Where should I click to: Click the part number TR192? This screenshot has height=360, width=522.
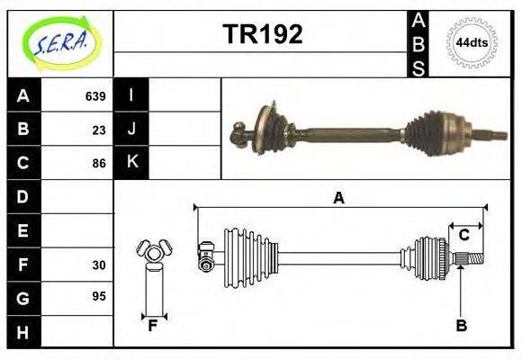[262, 34]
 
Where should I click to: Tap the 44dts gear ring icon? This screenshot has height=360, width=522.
[471, 42]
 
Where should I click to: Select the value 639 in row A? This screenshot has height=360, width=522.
[95, 95]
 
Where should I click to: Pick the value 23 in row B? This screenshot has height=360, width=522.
[99, 129]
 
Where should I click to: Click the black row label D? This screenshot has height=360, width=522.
[23, 195]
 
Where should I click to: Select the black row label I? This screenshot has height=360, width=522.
[132, 95]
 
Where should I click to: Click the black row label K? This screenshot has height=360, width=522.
[132, 162]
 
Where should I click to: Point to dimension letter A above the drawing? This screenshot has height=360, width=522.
[338, 198]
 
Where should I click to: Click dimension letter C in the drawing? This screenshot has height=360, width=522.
[463, 236]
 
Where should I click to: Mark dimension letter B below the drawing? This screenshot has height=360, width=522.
[461, 326]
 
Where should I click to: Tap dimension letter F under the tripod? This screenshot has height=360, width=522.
[154, 326]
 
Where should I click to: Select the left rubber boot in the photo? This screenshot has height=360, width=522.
[272, 129]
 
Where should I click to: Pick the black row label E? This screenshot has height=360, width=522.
[23, 229]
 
